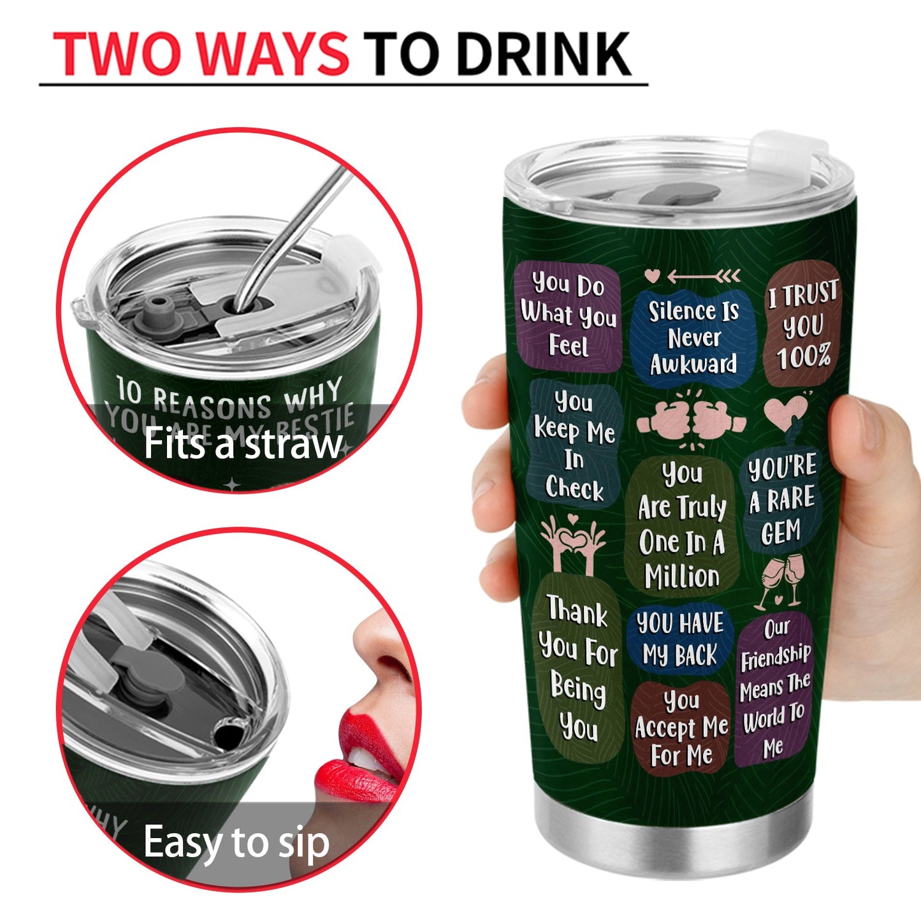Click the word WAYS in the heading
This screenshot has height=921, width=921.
(x=278, y=54)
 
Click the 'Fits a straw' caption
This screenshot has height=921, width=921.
(x=243, y=444)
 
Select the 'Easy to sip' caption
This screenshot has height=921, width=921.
(x=236, y=843)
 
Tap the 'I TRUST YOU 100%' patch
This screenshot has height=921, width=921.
(x=802, y=324)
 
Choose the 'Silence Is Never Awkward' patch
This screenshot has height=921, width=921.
(x=693, y=338)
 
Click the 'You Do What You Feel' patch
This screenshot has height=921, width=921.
(x=568, y=315)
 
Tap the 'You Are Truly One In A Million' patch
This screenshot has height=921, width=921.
(x=682, y=525)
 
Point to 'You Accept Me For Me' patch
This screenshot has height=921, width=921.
(x=681, y=729)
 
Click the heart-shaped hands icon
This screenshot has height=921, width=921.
(x=572, y=542)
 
